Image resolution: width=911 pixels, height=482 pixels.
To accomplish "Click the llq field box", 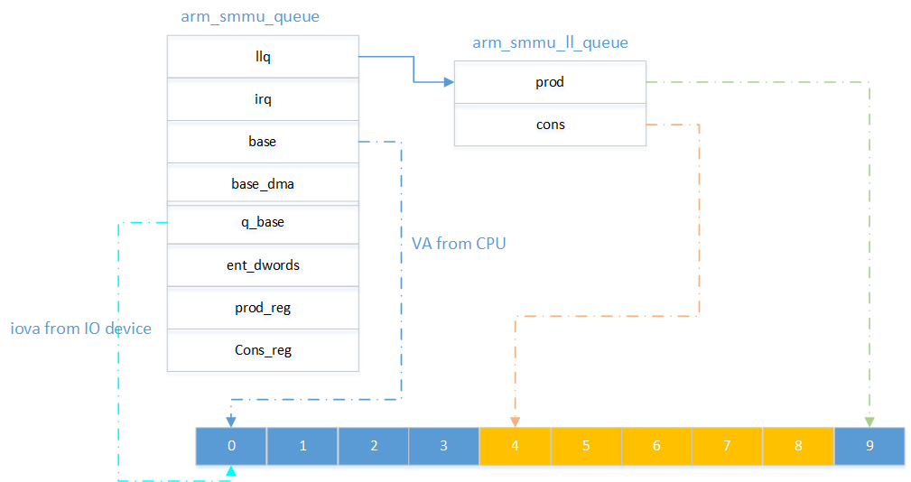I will click(x=263, y=58).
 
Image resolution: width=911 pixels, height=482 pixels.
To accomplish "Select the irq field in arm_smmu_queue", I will click(x=263, y=100).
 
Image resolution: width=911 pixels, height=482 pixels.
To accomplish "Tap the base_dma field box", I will click(x=263, y=183).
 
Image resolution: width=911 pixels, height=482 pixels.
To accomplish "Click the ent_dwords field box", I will click(x=263, y=266).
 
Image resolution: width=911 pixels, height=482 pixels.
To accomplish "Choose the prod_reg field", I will click(x=263, y=308).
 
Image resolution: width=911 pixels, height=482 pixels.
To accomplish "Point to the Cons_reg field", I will click(x=263, y=350).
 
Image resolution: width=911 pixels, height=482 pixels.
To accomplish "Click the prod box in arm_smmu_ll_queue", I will click(x=550, y=82).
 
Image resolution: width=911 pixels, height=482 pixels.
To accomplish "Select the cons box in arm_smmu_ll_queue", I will click(x=550, y=125).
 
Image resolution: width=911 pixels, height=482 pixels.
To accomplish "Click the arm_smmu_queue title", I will click(x=263, y=17).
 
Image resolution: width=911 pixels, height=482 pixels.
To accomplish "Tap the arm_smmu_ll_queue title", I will click(x=550, y=42).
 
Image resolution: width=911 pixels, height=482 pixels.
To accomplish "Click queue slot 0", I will click(x=231, y=446).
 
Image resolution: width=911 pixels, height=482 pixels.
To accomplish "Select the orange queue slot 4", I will click(x=515, y=446).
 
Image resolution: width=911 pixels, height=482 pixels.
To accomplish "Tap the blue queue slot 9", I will click(x=869, y=446).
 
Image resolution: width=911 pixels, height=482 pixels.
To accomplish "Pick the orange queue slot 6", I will click(x=656, y=446).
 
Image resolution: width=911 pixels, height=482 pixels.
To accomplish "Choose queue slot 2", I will click(x=373, y=446).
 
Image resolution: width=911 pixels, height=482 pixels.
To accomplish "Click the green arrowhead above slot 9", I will click(x=869, y=422).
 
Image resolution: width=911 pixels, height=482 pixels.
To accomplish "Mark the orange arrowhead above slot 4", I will click(x=515, y=422).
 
